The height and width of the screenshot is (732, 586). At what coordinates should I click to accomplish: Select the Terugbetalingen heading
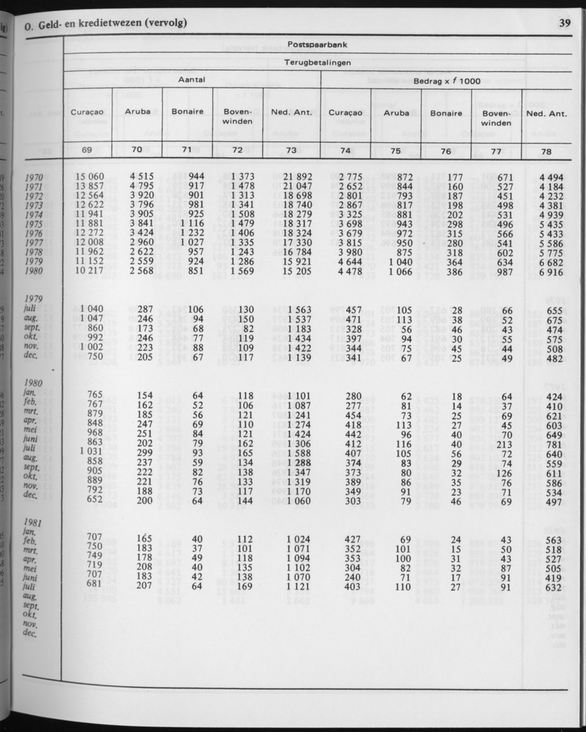pos(317,63)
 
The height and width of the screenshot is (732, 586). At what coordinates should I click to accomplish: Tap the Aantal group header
pos(192,81)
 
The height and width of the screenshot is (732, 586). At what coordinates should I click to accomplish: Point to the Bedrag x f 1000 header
pos(447,81)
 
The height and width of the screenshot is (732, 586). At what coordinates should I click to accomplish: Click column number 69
pos(87,150)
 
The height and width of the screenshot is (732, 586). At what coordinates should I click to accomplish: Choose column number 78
pos(547,150)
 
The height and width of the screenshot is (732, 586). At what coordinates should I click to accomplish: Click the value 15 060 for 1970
pos(90,177)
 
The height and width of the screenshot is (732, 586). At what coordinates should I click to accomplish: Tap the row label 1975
pos(34,224)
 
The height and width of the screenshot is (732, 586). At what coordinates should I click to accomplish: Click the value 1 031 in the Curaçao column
pos(92,452)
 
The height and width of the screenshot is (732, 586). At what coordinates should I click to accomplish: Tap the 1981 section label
pos(34,523)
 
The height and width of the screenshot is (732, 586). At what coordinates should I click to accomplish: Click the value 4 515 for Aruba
pos(141,177)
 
